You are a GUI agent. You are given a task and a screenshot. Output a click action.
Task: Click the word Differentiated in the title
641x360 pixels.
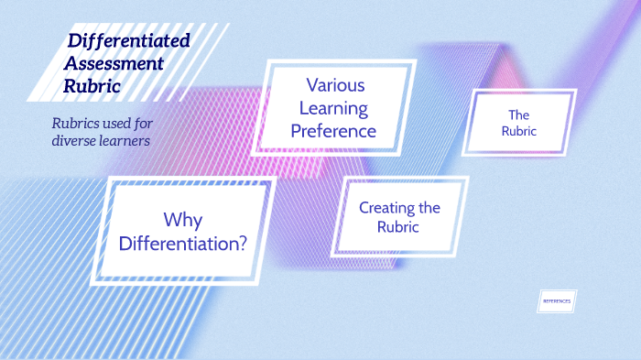(x=129, y=40)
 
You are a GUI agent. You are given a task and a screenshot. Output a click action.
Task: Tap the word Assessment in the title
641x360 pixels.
(x=114, y=64)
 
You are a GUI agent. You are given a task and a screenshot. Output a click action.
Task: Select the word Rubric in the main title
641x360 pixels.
(x=91, y=88)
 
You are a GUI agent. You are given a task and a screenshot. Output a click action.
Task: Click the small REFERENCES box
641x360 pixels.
(x=557, y=300)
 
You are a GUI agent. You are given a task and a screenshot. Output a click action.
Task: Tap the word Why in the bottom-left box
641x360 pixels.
(x=183, y=220)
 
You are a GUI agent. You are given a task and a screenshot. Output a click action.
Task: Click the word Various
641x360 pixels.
(x=335, y=85)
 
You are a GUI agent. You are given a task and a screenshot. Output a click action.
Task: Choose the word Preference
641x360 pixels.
(x=333, y=131)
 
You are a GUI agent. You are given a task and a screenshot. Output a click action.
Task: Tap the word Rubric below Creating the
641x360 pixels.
(x=398, y=227)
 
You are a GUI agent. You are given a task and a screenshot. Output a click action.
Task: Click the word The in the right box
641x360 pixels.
(x=519, y=115)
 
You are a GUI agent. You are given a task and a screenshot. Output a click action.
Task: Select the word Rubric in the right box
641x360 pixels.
(x=519, y=131)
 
